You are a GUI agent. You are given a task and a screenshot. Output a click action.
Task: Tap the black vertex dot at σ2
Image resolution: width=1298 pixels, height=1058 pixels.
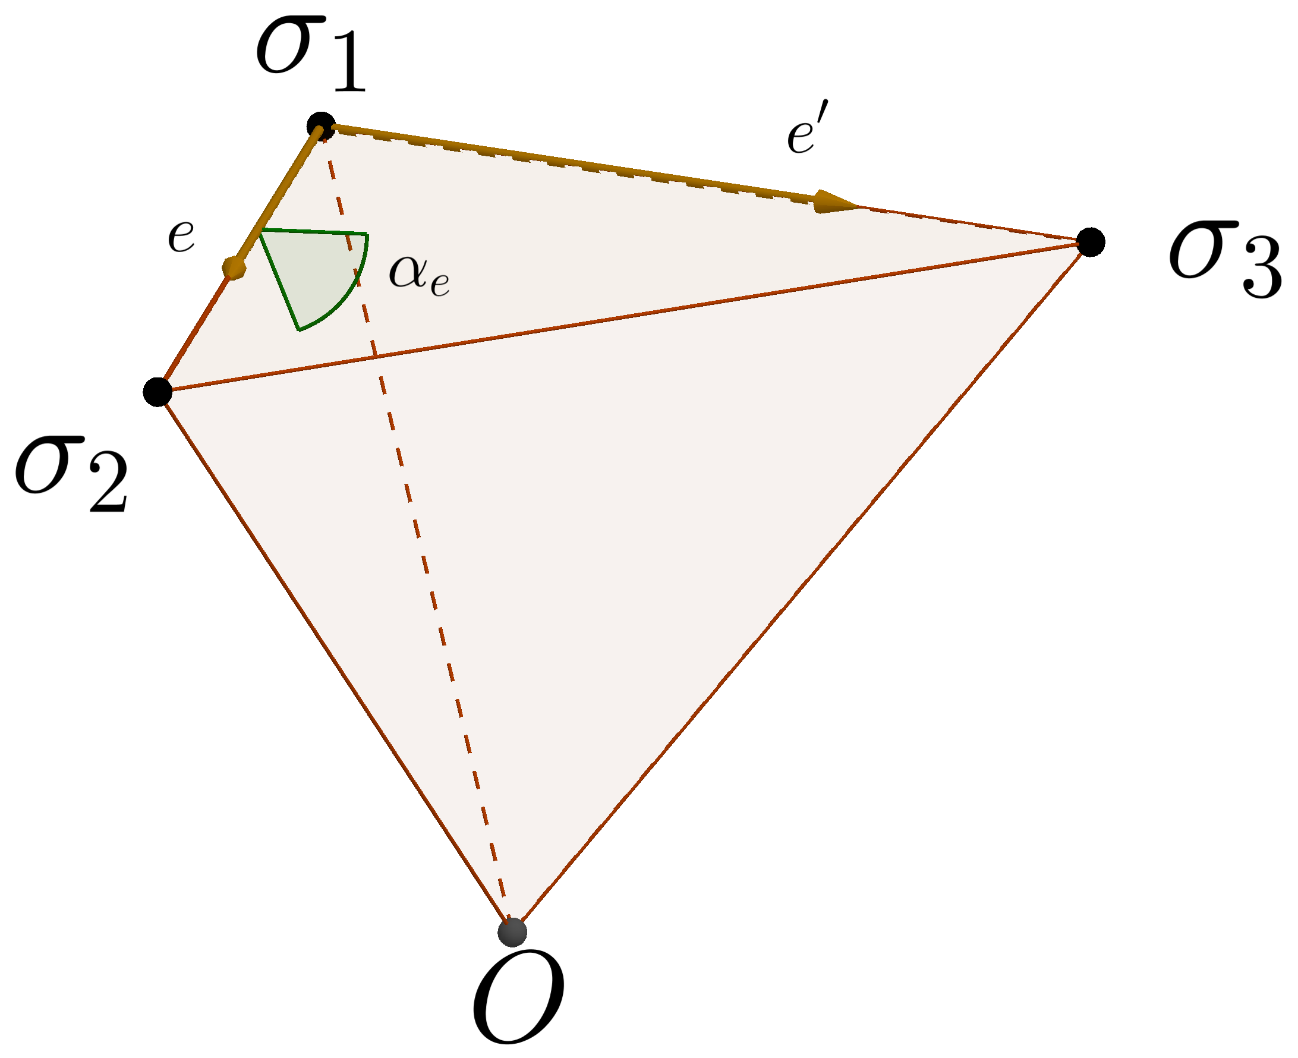158,391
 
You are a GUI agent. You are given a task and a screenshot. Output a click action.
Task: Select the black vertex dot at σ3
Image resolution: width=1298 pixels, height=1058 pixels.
1090,243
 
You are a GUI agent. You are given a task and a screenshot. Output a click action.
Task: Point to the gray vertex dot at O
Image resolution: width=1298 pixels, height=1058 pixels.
512,932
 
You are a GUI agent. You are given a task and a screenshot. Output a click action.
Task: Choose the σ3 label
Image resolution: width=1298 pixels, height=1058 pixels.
1225,259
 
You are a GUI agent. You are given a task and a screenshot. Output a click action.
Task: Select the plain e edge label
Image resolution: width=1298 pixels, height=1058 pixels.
181,237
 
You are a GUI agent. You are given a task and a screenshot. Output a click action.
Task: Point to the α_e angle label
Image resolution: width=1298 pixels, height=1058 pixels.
419,274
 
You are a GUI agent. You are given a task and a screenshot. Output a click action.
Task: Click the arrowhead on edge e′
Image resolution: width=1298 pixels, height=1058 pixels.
835,201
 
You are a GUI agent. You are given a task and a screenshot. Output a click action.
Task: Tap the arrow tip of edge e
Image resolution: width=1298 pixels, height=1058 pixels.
234,268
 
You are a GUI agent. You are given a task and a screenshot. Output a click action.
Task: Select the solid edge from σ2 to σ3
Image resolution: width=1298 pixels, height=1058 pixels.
609,319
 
